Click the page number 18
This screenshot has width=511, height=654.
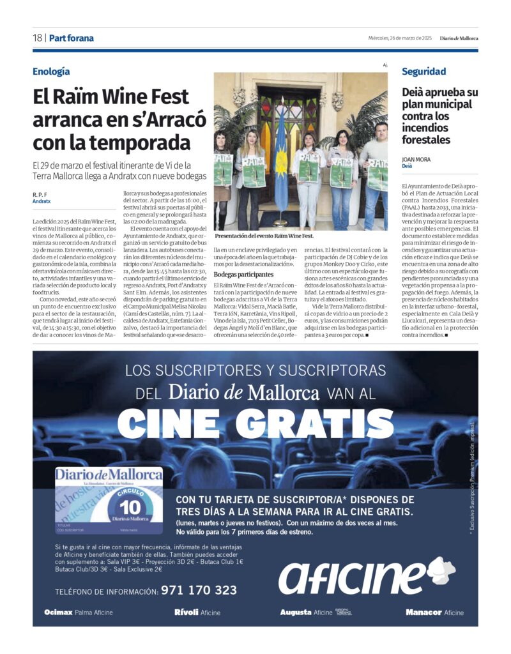(38, 38)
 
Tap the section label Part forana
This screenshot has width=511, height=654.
(71, 38)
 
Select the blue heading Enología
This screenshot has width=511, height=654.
(51, 72)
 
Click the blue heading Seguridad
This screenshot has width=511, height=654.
(424, 72)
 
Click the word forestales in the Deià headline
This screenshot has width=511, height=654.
(426, 140)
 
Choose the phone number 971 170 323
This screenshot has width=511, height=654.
(199, 590)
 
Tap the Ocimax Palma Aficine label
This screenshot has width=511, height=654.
(79, 612)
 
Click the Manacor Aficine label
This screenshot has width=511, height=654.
(434, 612)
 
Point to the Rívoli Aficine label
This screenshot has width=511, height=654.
(197, 612)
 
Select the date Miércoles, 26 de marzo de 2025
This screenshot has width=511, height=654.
(400, 38)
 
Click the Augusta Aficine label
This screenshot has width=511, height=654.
(307, 612)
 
